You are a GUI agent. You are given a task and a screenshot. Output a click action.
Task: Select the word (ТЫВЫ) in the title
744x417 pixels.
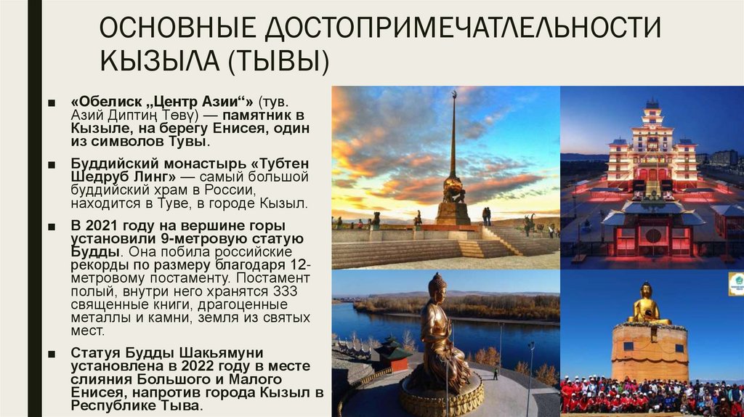[x=277, y=60]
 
